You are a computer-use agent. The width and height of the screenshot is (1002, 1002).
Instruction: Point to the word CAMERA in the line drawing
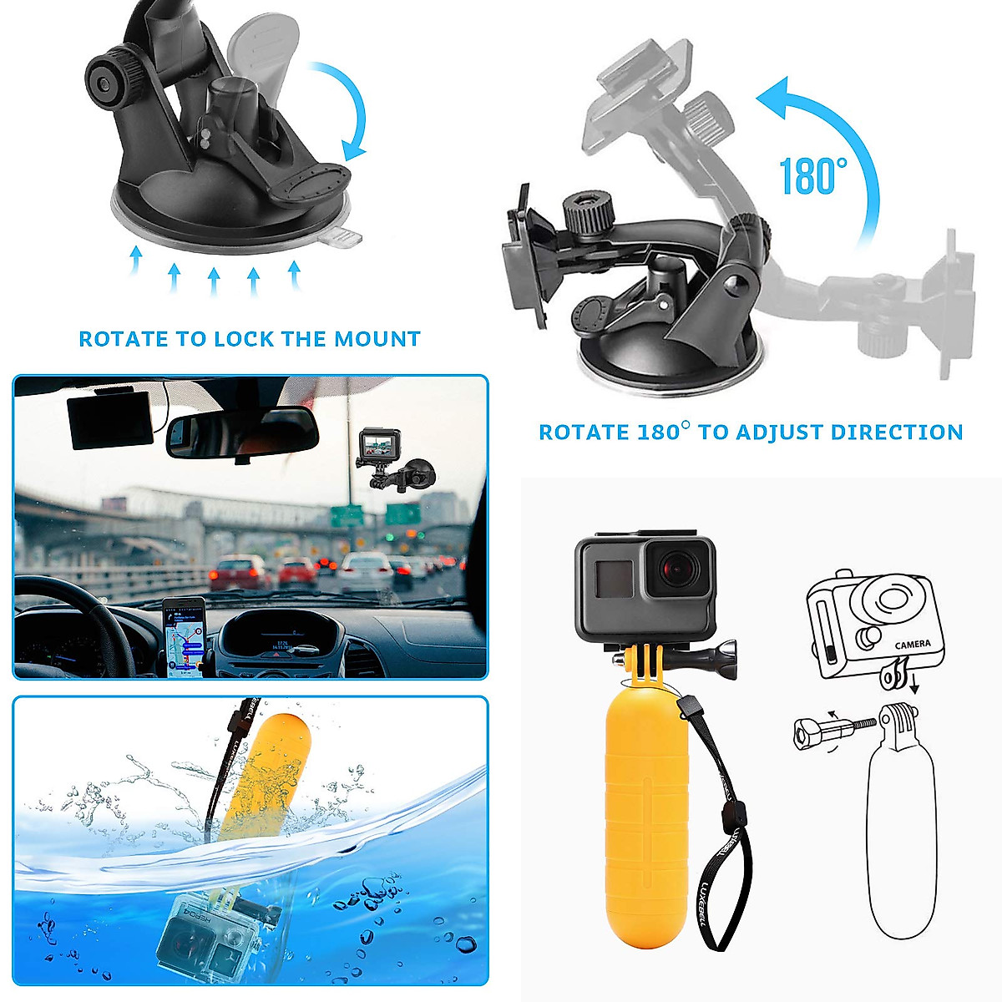(912, 645)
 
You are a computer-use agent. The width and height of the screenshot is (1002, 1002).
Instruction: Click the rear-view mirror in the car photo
(240, 433)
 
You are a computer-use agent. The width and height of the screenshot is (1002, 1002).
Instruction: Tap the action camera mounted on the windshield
(378, 450)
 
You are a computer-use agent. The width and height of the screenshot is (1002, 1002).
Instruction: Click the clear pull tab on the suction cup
(342, 238)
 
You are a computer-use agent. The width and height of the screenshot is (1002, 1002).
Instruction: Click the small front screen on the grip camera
(611, 577)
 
